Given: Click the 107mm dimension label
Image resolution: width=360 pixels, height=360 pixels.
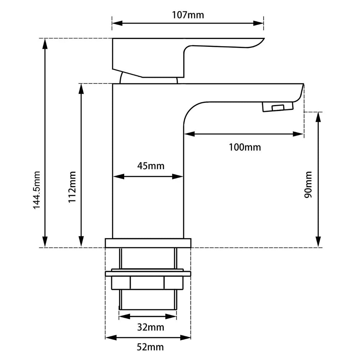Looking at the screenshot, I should [188, 15].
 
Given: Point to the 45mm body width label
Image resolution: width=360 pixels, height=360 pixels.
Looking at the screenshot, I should [150, 166].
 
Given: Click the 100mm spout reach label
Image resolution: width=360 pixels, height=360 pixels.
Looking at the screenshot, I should [245, 147].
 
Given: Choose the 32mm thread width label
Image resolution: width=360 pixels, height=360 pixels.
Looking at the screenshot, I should [150, 327].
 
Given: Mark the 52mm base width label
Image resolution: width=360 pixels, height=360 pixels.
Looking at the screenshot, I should [150, 347].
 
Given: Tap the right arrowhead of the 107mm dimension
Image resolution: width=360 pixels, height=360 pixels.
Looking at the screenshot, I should [260, 23].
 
